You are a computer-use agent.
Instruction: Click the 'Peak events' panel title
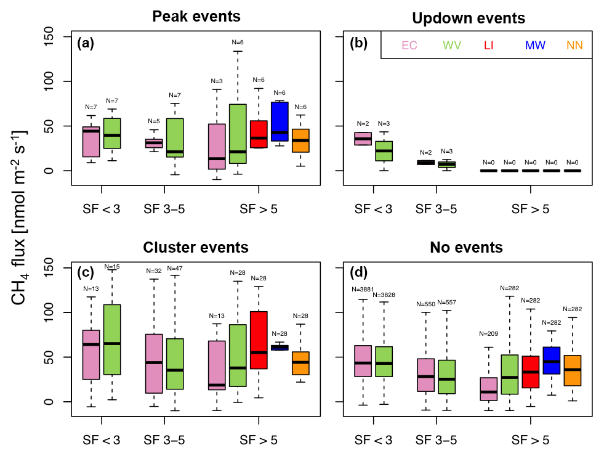click(x=196, y=15)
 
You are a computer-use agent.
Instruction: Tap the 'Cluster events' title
click(x=196, y=248)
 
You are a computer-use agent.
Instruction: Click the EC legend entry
click(x=409, y=45)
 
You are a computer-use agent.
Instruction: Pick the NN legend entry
click(x=574, y=45)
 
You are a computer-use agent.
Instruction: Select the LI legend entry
click(x=489, y=45)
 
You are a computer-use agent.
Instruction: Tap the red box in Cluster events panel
click(x=259, y=340)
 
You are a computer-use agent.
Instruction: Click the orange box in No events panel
click(x=573, y=370)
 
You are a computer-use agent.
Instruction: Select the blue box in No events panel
click(x=552, y=360)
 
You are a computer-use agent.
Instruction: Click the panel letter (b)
click(x=359, y=44)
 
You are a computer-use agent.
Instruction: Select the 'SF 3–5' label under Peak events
click(x=164, y=209)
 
